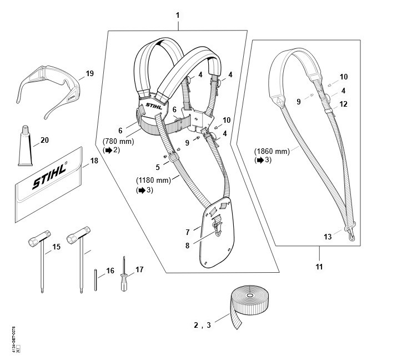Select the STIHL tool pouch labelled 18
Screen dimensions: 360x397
[x=47, y=186]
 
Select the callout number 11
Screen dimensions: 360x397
[x=319, y=267]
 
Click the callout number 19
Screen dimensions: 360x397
[x=90, y=73]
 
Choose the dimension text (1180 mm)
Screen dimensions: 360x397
[x=153, y=181]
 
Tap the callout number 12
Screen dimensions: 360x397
[x=343, y=104]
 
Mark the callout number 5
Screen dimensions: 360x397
[x=157, y=166]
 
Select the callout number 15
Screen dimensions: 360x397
[x=56, y=246]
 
